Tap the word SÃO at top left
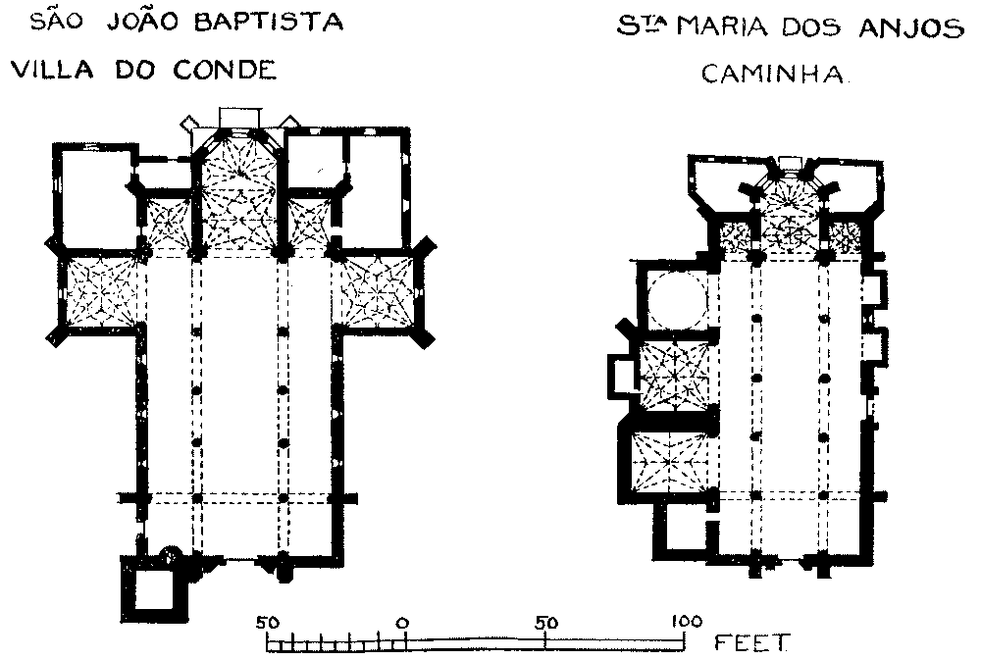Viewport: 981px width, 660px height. (x=54, y=22)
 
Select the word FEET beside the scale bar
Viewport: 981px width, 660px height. (x=751, y=643)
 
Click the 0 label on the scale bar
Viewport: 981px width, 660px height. (x=403, y=622)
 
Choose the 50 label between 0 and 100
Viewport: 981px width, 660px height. (x=545, y=622)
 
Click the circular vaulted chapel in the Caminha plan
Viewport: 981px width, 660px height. (x=676, y=298)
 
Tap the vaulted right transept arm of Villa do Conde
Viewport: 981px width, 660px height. (x=378, y=290)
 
